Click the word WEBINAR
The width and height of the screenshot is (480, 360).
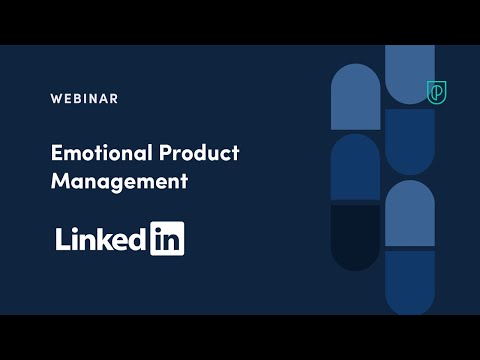(x=84, y=98)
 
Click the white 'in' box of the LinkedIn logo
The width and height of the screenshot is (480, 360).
(x=167, y=239)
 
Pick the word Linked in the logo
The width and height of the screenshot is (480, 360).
(x=101, y=239)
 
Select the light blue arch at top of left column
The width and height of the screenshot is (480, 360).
(x=355, y=98)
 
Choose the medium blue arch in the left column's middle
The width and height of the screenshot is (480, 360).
(x=355, y=168)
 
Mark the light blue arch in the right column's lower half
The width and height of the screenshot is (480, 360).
(x=409, y=214)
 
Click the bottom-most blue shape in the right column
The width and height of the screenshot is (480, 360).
(x=409, y=282)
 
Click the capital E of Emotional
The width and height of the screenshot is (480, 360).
(x=56, y=153)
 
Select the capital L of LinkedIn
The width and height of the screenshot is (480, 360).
(x=62, y=239)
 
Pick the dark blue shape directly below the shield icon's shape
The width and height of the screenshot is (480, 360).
(x=409, y=142)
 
